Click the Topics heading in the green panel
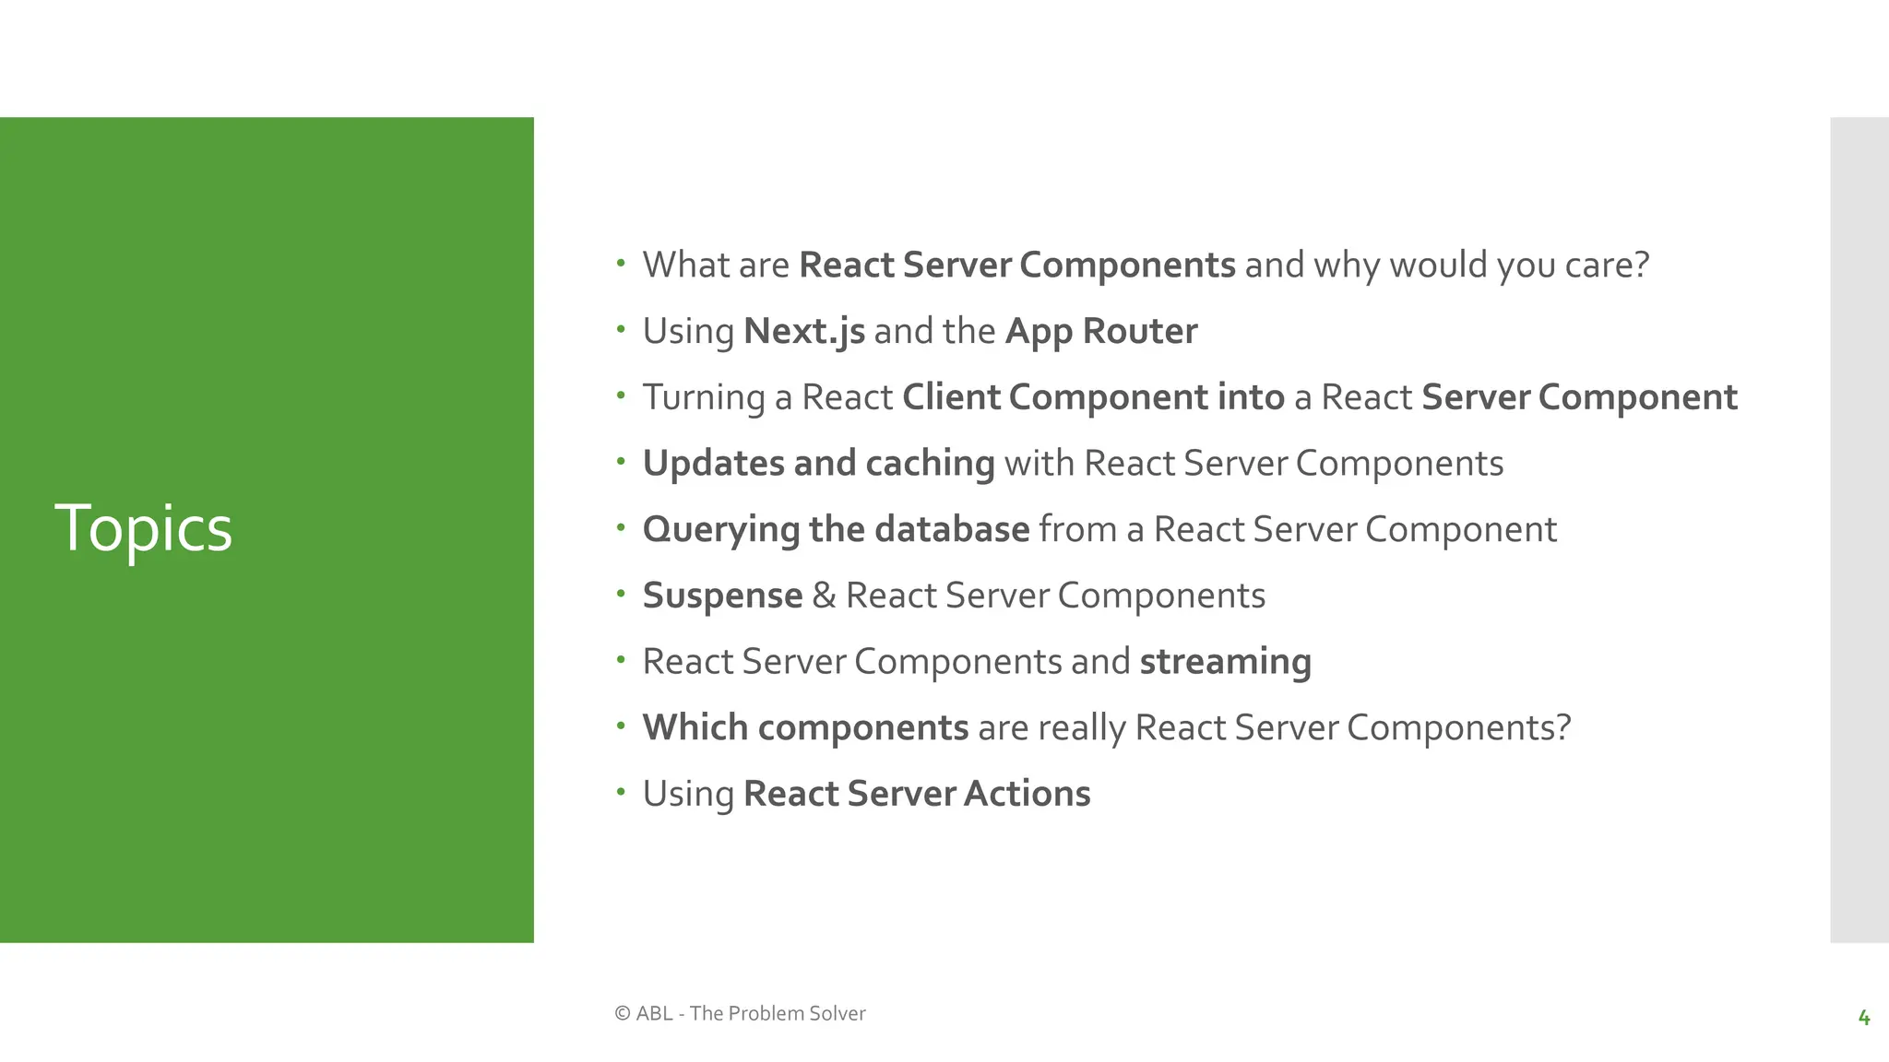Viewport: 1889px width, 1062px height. pyautogui.click(x=143, y=529)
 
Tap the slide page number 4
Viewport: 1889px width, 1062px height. pyautogui.click(x=1863, y=1018)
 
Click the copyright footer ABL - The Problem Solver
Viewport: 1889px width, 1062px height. pyautogui.click(x=740, y=1013)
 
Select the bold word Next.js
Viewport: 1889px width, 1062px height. pyautogui.click(x=803, y=332)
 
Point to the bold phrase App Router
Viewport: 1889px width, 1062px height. pyautogui.click(x=1100, y=332)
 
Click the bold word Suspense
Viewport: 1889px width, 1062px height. pyautogui.click(x=722, y=596)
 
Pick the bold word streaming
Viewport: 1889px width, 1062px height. pyautogui.click(x=1225, y=662)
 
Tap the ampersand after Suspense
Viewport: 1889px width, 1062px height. pyautogui.click(x=824, y=596)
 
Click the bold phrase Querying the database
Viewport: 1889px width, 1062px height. pyautogui.click(x=836, y=530)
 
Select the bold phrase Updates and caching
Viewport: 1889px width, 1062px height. pyautogui.click(x=818, y=464)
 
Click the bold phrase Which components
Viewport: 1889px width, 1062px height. pyautogui.click(x=805, y=728)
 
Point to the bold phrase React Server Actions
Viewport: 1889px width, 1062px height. pyautogui.click(x=916, y=794)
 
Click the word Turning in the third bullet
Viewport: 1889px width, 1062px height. pyautogui.click(x=704, y=397)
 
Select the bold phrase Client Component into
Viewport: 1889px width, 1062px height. pyautogui.click(x=1093, y=397)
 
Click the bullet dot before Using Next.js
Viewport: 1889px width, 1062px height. pyautogui.click(x=621, y=329)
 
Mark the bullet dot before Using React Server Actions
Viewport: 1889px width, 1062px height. pyautogui.click(x=621, y=791)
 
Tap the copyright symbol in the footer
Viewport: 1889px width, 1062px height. pyautogui.click(x=623, y=1013)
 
